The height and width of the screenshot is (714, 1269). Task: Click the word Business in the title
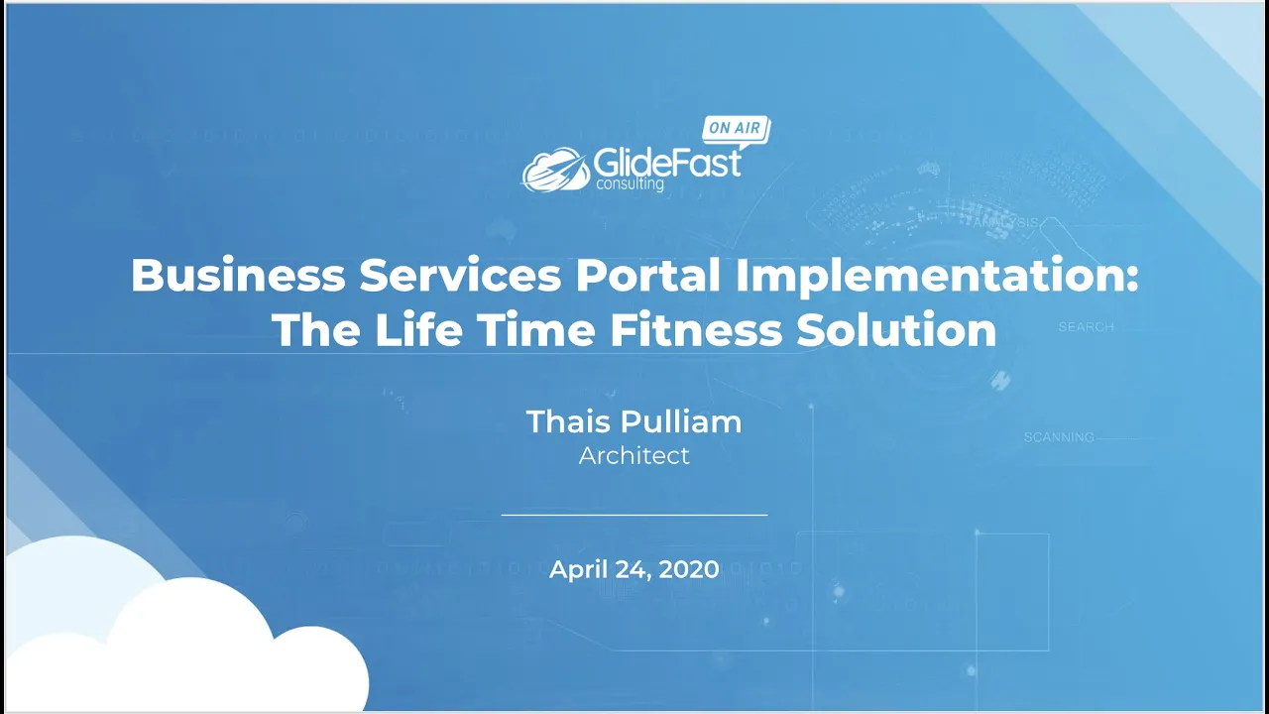238,276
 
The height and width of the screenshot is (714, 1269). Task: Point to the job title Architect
634,456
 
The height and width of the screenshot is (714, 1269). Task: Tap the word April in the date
577,569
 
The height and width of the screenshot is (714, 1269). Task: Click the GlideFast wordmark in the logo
666,161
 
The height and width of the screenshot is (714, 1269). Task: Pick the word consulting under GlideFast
630,183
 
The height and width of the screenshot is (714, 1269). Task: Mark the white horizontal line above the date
634,515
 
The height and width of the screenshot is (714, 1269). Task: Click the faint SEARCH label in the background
1086,326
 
